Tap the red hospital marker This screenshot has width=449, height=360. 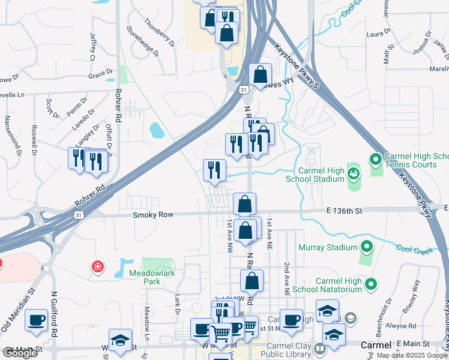coord(97,266)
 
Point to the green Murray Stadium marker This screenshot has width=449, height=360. coord(366,247)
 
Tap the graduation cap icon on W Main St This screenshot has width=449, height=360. coord(120,340)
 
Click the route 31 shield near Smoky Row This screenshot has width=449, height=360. coord(79,215)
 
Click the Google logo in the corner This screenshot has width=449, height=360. coord(20,353)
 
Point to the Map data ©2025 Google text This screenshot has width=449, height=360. coord(412,355)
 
